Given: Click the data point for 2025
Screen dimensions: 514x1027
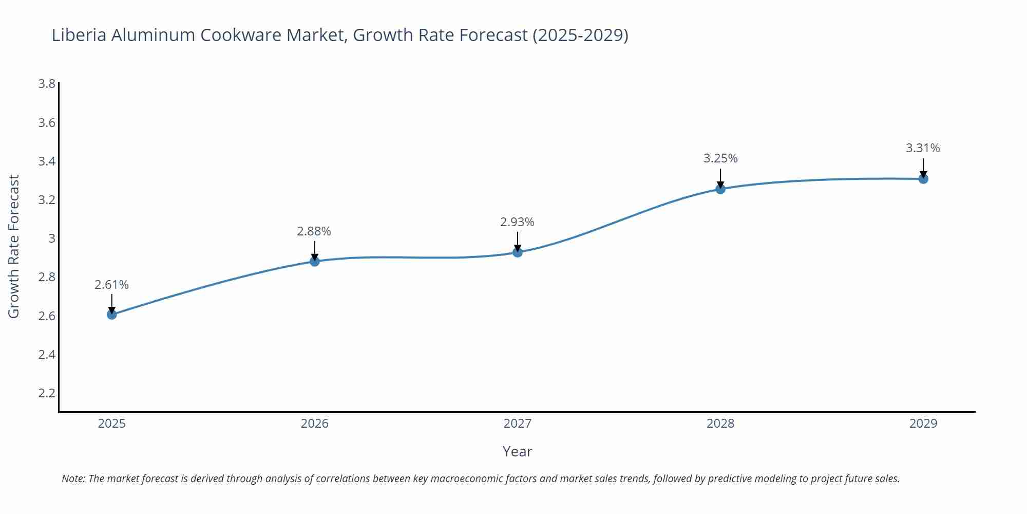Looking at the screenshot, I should (112, 314).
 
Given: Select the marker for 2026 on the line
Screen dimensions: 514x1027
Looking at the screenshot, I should (315, 261).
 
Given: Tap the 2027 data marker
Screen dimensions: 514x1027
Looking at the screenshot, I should (518, 252).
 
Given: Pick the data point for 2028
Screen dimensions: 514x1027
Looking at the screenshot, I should (720, 189).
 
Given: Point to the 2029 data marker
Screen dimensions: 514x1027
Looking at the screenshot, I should (923, 179).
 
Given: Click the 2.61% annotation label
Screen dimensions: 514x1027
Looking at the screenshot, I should (111, 285).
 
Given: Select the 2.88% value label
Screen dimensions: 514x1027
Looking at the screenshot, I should (314, 231).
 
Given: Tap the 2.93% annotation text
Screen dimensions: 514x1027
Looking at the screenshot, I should (517, 222).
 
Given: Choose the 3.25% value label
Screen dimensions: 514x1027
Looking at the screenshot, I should (720, 158).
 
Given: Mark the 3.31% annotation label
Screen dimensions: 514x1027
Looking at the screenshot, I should (923, 148).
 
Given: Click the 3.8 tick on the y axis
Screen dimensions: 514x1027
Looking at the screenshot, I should (47, 84).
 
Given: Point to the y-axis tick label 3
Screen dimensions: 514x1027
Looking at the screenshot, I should (51, 238).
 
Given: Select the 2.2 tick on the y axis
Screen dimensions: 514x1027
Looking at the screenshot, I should (47, 393).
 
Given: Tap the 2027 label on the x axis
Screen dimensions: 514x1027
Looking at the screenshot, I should (518, 424).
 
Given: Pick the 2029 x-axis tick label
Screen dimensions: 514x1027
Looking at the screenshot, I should (923, 424).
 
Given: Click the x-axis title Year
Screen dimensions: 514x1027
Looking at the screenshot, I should (517, 451).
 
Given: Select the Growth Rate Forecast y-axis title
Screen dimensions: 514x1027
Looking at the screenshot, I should (14, 247).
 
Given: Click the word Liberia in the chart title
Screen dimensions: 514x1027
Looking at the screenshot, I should (79, 35).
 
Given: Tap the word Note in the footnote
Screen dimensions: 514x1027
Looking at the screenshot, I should (73, 479).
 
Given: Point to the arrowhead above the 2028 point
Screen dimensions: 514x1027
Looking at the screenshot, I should (720, 185).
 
